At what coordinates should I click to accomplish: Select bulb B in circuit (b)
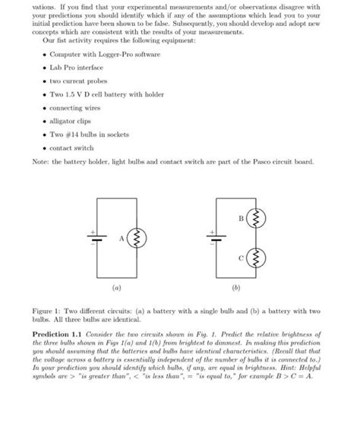click(256, 220)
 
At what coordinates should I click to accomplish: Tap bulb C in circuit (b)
click(256, 260)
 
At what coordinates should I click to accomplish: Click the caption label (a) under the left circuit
click(116, 288)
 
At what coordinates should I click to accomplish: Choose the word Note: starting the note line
click(43, 163)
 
